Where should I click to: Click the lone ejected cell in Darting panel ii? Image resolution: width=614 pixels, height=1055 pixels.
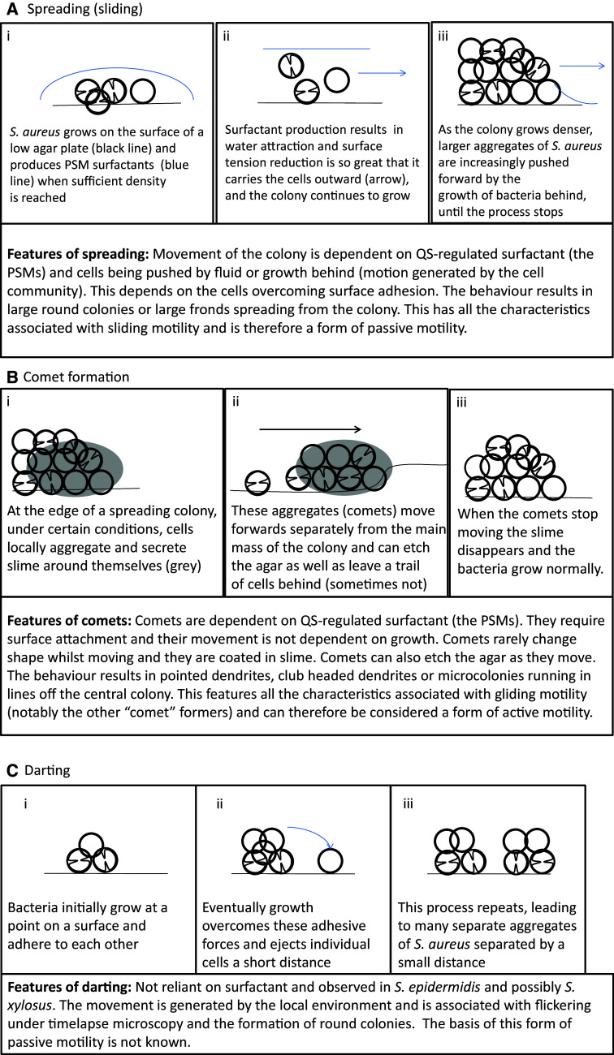pos(328,861)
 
